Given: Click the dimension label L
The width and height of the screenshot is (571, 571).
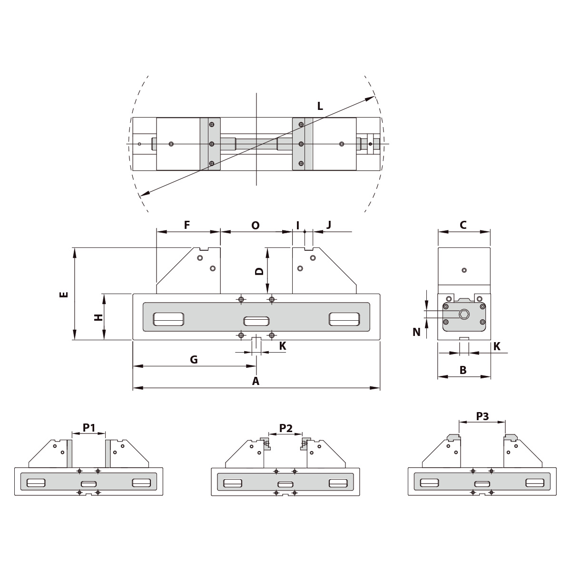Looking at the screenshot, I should point(320,106).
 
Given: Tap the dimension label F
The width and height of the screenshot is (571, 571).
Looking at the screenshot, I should point(187,225).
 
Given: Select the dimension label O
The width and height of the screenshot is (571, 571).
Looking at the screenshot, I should point(256,225).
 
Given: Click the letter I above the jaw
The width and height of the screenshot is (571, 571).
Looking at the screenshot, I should point(298,225).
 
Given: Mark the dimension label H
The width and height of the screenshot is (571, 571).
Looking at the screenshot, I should point(98,317).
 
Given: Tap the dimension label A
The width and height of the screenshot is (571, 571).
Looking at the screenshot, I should point(256,381).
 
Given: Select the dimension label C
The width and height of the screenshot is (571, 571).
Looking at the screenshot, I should point(463,225).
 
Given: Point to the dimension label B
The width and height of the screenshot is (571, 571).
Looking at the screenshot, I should point(463,369).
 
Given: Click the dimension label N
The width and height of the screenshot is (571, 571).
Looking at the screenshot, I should point(417,332).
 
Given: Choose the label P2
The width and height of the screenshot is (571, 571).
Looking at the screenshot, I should point(285,428).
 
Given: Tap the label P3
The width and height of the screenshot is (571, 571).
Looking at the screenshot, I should point(482,416).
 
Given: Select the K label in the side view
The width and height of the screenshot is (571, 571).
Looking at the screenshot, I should point(497,346).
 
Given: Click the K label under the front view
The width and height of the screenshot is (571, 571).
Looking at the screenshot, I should point(283,346).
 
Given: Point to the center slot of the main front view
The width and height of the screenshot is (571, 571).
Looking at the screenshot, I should point(256,321).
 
